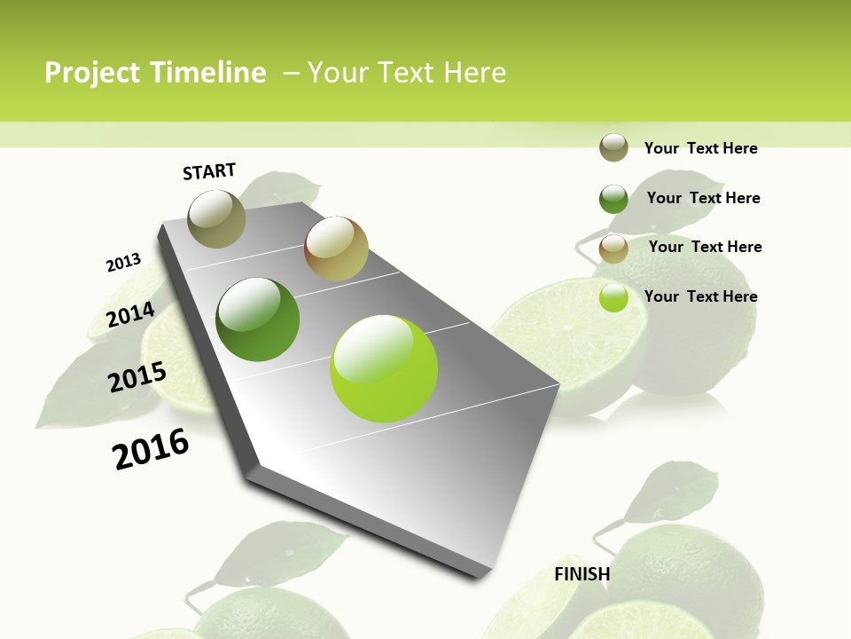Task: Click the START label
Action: (209, 171)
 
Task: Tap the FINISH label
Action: (582, 574)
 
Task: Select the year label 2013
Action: (123, 263)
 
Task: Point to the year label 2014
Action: (130, 314)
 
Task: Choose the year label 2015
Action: (137, 377)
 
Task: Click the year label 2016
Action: (151, 449)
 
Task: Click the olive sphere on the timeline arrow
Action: (216, 218)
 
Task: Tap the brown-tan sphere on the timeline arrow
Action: (336, 248)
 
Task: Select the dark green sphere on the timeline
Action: (257, 319)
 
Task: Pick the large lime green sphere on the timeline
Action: (384, 368)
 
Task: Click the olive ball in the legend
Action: (613, 148)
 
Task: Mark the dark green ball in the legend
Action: (613, 199)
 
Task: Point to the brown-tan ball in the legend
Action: (613, 248)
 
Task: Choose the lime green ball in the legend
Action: (613, 297)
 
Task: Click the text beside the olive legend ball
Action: (700, 148)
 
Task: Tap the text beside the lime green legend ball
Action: (700, 296)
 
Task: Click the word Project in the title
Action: (91, 73)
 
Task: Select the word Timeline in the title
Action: (212, 73)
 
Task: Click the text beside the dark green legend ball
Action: (703, 198)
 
